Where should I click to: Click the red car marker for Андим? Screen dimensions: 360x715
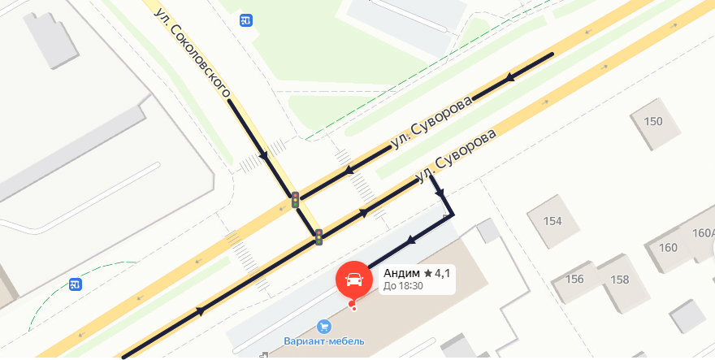pyautogui.click(x=354, y=280)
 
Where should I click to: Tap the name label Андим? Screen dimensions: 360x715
pyautogui.click(x=401, y=273)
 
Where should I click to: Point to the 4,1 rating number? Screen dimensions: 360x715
pyautogui.click(x=442, y=273)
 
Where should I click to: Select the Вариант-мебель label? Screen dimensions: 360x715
pyautogui.click(x=324, y=340)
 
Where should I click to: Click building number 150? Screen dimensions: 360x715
pyautogui.click(x=653, y=122)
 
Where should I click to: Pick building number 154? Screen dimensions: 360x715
pyautogui.click(x=552, y=221)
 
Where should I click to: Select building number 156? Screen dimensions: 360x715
pyautogui.click(x=575, y=279)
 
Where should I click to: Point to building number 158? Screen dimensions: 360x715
pyautogui.click(x=619, y=280)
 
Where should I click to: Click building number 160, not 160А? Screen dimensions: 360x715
pyautogui.click(x=669, y=248)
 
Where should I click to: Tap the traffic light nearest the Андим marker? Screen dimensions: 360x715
pyautogui.click(x=319, y=236)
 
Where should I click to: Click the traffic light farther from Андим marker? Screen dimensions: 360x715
pyautogui.click(x=295, y=199)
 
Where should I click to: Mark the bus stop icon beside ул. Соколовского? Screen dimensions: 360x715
pyautogui.click(x=245, y=20)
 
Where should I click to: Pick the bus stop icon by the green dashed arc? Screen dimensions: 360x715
pyautogui.click(x=75, y=284)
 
